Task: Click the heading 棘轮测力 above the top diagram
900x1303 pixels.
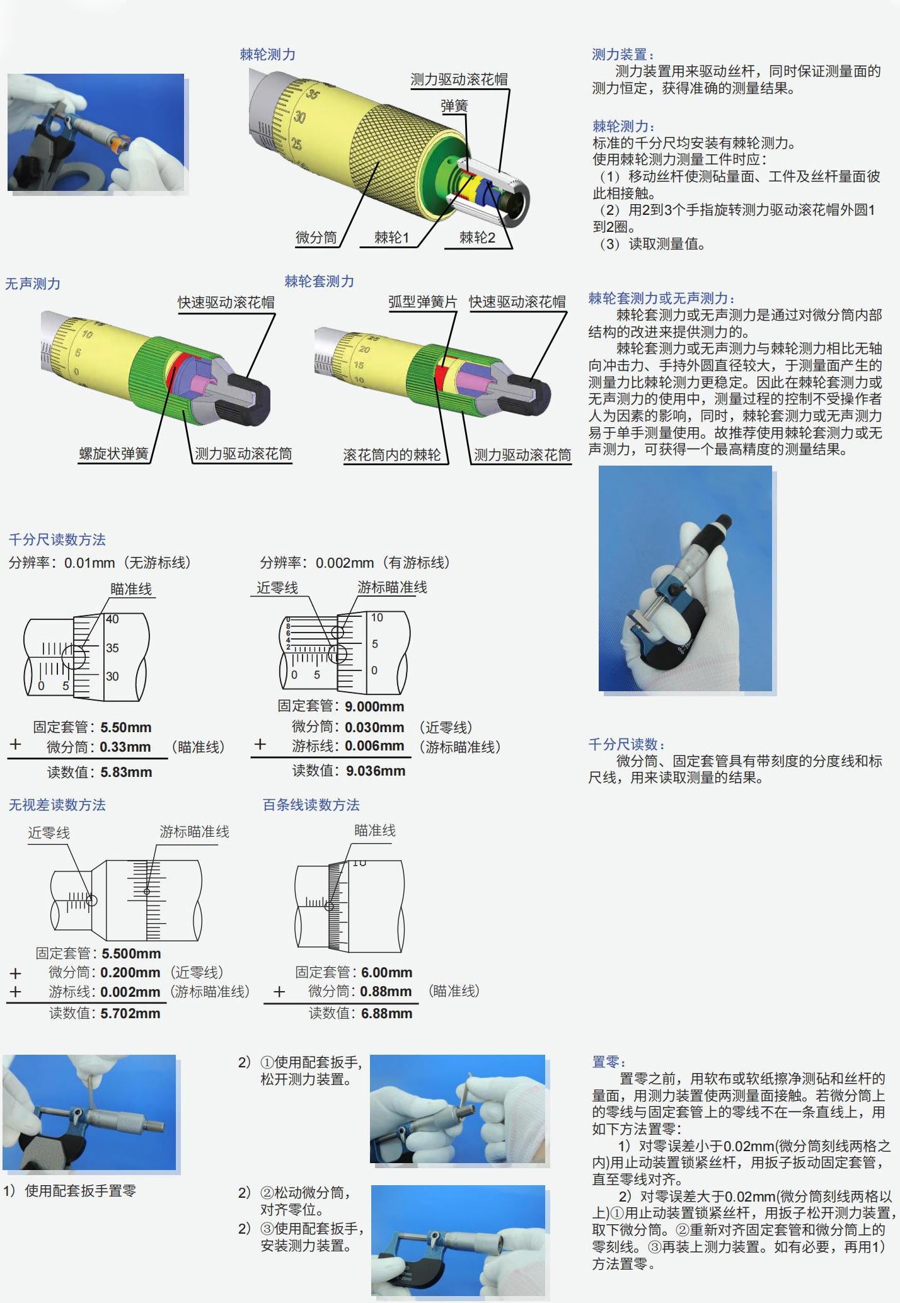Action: [x=267, y=55]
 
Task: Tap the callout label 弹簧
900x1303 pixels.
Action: [x=454, y=106]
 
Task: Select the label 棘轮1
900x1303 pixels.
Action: [x=391, y=238]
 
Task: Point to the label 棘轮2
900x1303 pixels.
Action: [x=477, y=238]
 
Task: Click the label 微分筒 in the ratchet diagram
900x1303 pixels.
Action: [x=316, y=238]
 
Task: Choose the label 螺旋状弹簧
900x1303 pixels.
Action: [x=114, y=454]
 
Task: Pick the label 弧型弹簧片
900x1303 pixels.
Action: [x=422, y=302]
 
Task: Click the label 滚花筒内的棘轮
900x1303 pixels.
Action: [x=392, y=455]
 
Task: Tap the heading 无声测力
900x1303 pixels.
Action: [x=33, y=284]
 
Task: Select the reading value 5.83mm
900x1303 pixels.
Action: [x=126, y=772]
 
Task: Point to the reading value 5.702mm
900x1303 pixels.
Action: [x=130, y=1013]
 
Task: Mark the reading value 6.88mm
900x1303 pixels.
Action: [x=386, y=1013]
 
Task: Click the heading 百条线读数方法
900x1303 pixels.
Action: [x=311, y=805]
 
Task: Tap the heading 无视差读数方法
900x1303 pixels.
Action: [x=57, y=805]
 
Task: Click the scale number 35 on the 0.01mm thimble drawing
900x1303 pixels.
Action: [x=112, y=648]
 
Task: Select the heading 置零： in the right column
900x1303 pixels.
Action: [x=608, y=1062]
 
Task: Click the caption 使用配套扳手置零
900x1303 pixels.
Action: [x=80, y=1191]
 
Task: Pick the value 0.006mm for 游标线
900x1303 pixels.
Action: [x=374, y=746]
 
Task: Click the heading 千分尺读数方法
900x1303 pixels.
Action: [x=57, y=540]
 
